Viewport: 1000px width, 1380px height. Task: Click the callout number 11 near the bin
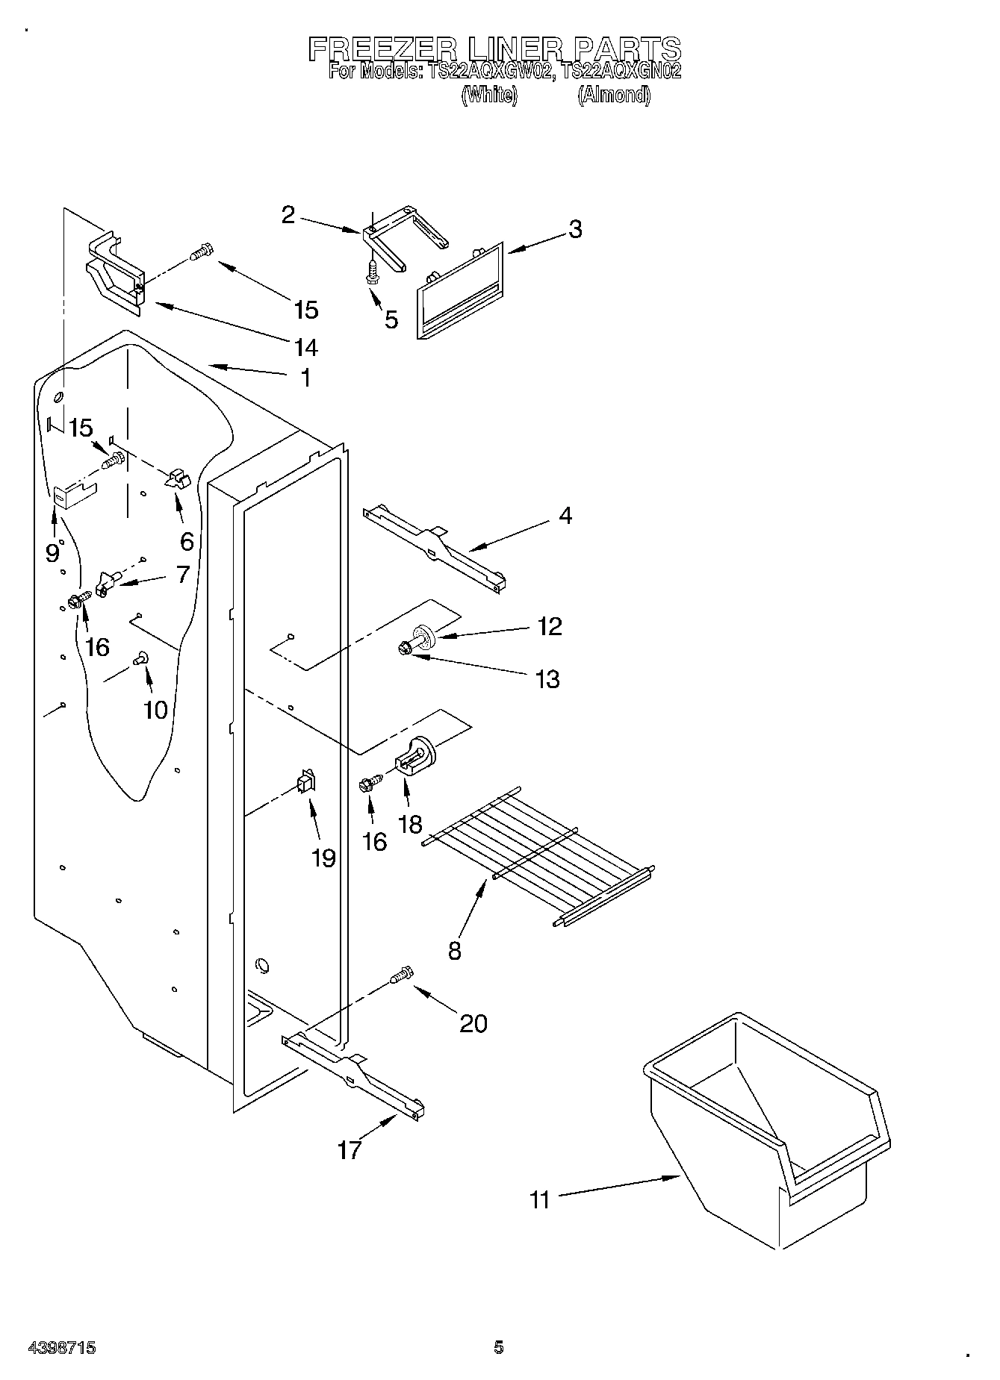[539, 1200]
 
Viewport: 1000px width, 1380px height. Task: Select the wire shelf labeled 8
[538, 851]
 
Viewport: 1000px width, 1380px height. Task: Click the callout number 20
[473, 1022]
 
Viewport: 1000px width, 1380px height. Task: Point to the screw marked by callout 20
[401, 975]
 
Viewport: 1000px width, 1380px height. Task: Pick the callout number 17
[349, 1150]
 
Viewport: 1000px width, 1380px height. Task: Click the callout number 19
[323, 858]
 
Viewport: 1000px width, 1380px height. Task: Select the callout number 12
[550, 626]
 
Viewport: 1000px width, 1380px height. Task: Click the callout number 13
[547, 679]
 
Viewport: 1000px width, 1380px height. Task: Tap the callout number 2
[288, 216]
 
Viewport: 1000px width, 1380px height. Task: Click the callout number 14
[305, 347]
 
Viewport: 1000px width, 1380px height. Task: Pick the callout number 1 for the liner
[305, 378]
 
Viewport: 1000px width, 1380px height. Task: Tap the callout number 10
[155, 709]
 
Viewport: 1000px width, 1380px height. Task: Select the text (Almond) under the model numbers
[613, 96]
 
